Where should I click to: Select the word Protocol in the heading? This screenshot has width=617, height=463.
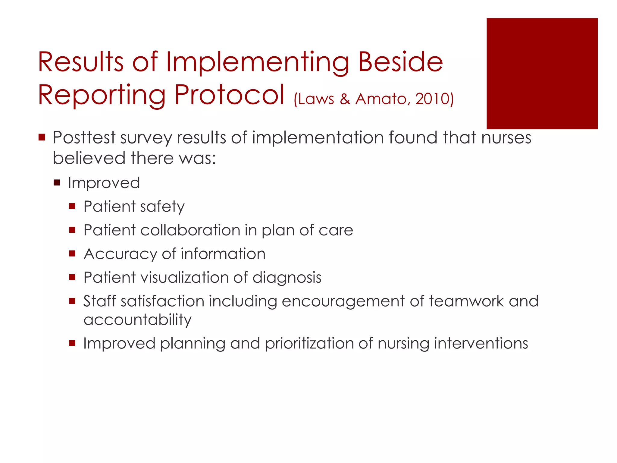click(229, 95)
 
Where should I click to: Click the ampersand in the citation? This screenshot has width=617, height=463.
click(345, 99)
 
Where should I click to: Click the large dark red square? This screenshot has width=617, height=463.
click(542, 74)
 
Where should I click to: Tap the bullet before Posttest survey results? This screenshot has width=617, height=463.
click(42, 138)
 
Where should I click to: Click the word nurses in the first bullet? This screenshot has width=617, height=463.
click(506, 138)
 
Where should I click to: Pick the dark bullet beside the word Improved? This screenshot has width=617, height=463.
click(57, 183)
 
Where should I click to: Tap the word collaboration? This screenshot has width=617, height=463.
click(190, 230)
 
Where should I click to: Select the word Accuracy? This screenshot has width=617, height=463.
click(120, 254)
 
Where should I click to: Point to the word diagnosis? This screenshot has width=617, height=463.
click(287, 278)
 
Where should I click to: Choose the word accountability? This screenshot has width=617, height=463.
click(137, 320)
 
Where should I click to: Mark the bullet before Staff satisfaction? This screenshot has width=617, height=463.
click(72, 301)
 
